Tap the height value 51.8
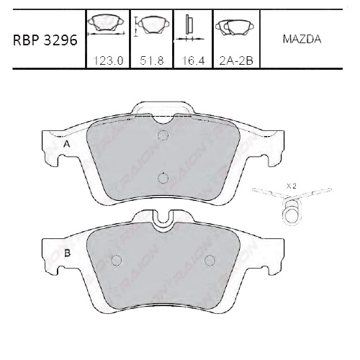click(151, 61)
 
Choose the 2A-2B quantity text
click(235, 61)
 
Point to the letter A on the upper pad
click(66, 145)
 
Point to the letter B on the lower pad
click(66, 253)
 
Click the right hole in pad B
click(210, 261)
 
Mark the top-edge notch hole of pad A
click(163, 135)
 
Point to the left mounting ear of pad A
click(53, 148)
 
